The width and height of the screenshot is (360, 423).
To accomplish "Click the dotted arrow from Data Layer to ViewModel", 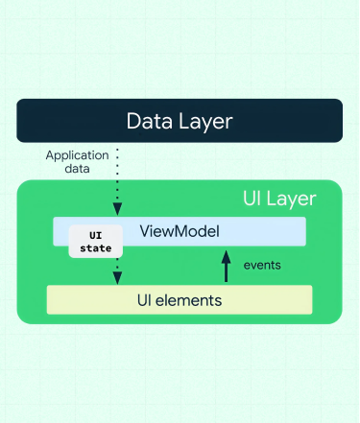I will [117, 177].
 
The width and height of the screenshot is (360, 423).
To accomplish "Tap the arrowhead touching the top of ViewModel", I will [117, 209].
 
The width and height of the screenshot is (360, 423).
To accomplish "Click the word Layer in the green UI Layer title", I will [296, 200].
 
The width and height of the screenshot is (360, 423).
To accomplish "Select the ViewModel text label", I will [180, 231].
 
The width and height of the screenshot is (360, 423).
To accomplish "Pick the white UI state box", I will [95, 242].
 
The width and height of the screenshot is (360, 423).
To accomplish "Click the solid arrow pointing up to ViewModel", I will [226, 269].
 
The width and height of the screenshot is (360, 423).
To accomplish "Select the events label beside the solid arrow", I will [262, 265].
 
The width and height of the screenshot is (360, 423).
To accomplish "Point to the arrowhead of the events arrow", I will [226, 255].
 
